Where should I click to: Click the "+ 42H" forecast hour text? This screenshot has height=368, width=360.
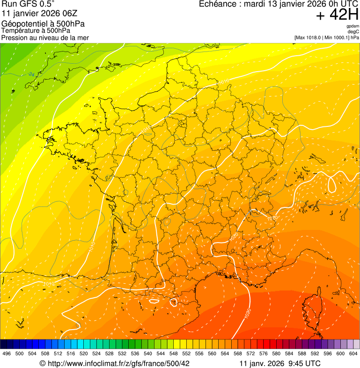337,15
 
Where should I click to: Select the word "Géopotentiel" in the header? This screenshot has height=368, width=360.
22,23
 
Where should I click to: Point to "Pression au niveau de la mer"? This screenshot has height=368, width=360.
45,37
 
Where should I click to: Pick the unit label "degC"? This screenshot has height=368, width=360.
353,32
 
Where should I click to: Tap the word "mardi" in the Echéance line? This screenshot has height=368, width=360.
260,4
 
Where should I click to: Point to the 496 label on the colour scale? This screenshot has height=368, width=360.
7,353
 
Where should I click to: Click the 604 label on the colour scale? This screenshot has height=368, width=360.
353,353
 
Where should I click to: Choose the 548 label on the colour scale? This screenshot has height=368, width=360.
173,353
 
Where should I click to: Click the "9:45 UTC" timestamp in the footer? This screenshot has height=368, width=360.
306,363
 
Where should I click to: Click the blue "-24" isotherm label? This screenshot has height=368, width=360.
30,74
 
